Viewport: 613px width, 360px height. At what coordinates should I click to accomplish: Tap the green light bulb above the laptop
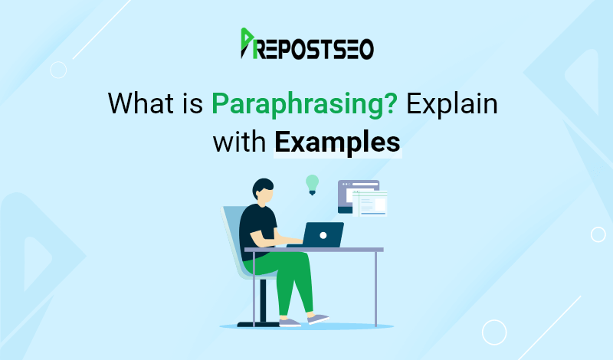(312, 183)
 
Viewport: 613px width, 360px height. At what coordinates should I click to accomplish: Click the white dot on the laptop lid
(323, 234)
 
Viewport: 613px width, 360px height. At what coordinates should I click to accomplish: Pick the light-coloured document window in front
(373, 205)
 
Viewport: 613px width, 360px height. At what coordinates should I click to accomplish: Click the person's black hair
(262, 187)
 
